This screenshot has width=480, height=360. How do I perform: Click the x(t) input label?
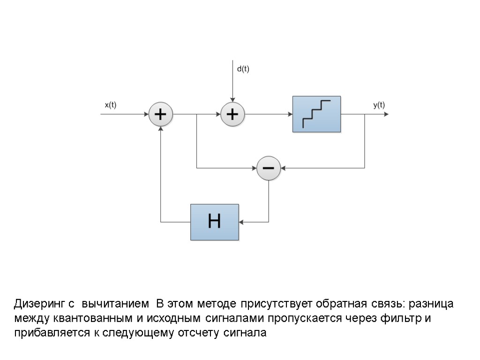(x=110, y=105)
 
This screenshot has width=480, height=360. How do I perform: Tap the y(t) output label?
(x=379, y=105)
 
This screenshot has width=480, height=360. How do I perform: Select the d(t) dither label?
(x=243, y=69)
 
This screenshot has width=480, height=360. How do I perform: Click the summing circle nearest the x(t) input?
(x=161, y=114)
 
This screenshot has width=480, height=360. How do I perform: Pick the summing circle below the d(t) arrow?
(x=232, y=114)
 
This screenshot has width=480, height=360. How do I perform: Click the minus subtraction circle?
(x=269, y=168)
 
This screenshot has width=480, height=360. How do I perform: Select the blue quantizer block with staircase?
(x=316, y=114)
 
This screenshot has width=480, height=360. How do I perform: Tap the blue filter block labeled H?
(x=214, y=222)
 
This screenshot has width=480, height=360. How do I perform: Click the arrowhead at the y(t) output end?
(x=386, y=114)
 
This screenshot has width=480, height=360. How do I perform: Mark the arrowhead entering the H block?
(x=241, y=222)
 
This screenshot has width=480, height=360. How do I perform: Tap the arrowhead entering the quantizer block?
(x=290, y=114)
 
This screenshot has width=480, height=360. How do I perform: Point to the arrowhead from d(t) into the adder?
(x=232, y=100)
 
